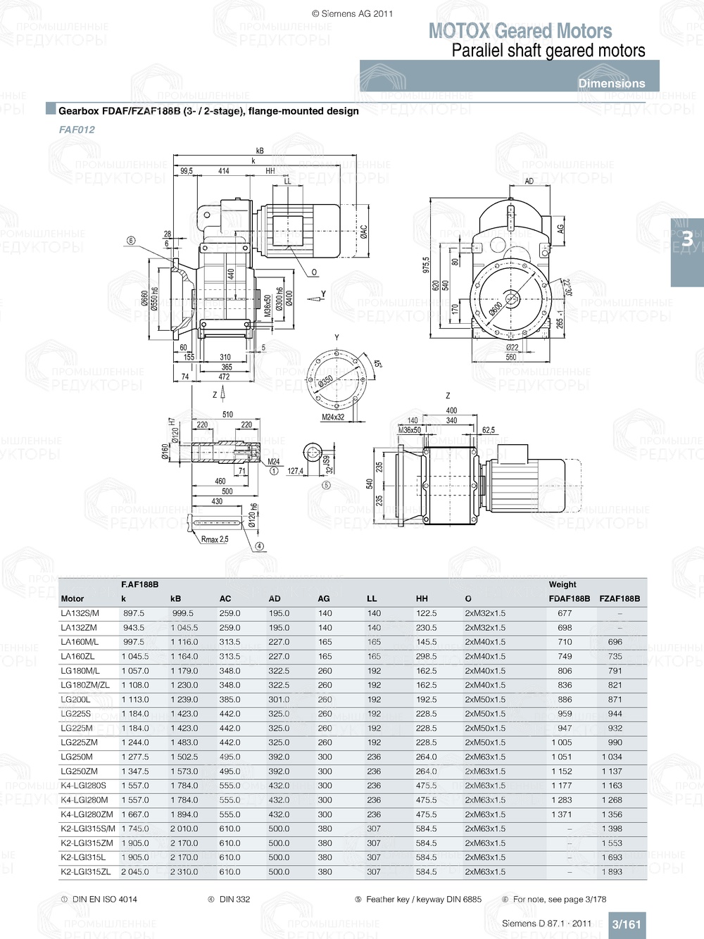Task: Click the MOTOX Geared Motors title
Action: tap(520, 31)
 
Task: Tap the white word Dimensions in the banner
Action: tap(611, 83)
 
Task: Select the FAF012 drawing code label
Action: tap(77, 130)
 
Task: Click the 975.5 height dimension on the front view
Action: tap(425, 265)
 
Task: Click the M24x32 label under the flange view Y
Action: tap(333, 417)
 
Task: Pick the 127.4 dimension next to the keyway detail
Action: tap(295, 471)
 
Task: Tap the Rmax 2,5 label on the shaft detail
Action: tap(215, 539)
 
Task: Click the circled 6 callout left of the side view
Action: tap(131, 241)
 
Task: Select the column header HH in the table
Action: tap(422, 599)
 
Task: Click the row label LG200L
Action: tap(75, 700)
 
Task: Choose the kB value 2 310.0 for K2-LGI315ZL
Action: tap(184, 871)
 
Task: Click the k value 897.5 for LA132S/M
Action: tap(134, 613)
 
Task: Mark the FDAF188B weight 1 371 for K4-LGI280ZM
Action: tap(562, 814)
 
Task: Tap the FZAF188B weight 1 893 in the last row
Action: tap(612, 871)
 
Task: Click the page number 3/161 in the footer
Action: tap(626, 924)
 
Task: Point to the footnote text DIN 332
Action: tap(234, 899)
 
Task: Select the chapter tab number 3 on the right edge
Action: tap(687, 239)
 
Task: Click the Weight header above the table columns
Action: tap(562, 584)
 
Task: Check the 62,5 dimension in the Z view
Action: tap(488, 429)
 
